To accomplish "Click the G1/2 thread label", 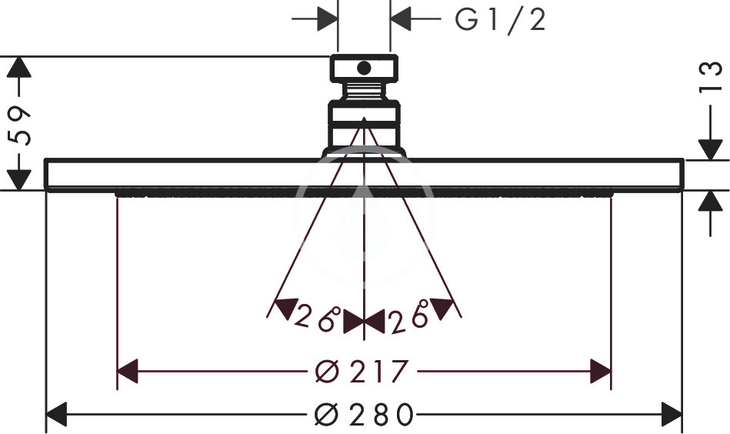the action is (500, 20).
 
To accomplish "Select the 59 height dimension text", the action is (19, 125).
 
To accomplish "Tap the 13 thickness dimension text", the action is (711, 78).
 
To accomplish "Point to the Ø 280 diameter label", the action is (364, 414).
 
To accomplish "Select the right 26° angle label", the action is (409, 317).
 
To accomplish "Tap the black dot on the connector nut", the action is (364, 68).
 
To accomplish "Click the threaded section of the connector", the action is (364, 90).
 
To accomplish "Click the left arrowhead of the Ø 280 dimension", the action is (57, 414).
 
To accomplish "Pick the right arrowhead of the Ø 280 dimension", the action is (672, 414).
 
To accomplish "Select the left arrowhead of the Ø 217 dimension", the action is (127, 371).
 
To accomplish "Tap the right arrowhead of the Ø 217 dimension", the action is (601, 371).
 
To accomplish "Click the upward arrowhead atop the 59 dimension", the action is (19, 67).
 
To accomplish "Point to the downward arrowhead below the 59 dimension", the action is (19, 180).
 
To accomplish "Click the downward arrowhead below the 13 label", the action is (711, 150).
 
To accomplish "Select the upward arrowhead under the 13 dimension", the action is (711, 201).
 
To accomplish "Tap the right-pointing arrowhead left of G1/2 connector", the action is (327, 19).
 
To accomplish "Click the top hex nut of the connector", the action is (364, 68).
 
